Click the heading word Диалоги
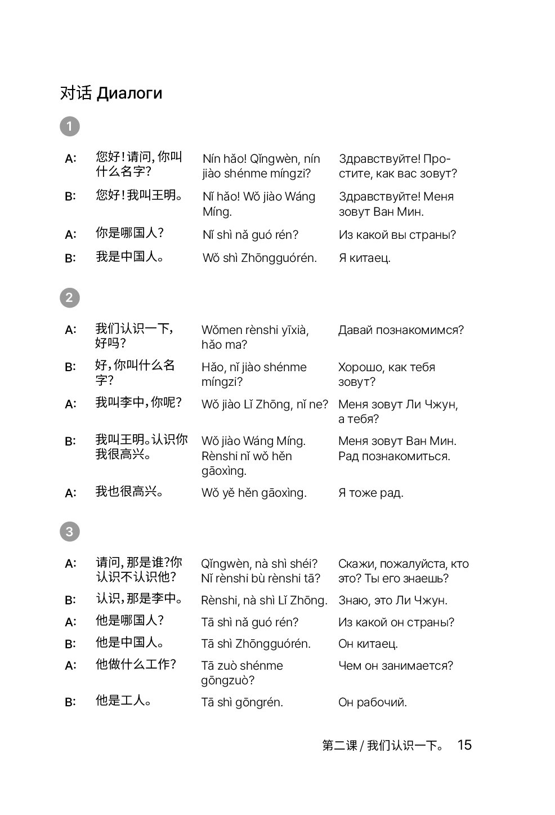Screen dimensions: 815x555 (x=129, y=93)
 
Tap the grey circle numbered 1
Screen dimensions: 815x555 (x=70, y=126)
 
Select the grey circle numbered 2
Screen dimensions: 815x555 (x=70, y=297)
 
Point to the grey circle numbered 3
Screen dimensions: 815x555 (x=70, y=531)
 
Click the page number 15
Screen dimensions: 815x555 (x=464, y=745)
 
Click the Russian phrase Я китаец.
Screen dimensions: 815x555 (x=364, y=258)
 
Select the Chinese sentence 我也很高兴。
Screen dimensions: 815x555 (x=130, y=492)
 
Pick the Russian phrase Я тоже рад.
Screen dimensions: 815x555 (x=370, y=493)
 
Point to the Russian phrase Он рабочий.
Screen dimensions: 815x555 (x=372, y=702)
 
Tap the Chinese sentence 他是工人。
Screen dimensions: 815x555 (x=123, y=701)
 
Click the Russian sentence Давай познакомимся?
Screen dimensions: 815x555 (x=401, y=330)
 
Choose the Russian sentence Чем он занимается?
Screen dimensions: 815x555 (x=395, y=665)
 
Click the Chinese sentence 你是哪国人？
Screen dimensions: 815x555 (x=129, y=233)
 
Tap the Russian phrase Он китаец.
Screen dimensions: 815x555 (x=368, y=643)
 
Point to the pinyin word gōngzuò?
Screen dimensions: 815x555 (x=228, y=680)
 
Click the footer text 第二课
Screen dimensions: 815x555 (x=339, y=745)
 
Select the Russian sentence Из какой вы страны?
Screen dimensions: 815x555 (x=397, y=234)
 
